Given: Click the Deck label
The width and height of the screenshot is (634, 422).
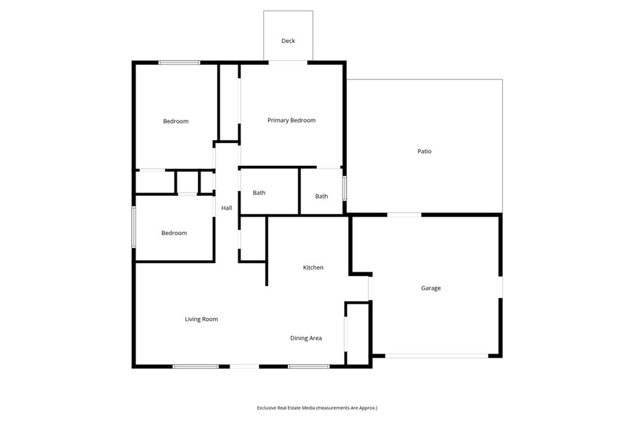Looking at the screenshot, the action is [x=288, y=41].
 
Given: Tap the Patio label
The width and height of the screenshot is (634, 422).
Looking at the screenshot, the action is [x=424, y=151].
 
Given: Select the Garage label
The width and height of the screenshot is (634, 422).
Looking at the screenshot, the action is [x=431, y=288].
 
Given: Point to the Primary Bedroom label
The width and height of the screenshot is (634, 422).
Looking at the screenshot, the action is [x=291, y=121].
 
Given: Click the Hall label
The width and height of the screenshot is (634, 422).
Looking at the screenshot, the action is [x=227, y=208].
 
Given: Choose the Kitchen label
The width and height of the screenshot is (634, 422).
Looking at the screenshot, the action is [x=313, y=267].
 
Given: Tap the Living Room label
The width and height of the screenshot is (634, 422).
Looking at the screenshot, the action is [x=201, y=319].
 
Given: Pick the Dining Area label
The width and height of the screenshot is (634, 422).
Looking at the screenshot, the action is [x=306, y=338].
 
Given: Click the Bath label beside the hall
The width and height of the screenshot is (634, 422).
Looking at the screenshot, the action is [x=259, y=193].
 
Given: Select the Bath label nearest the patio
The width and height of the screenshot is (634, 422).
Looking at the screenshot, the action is [x=321, y=196].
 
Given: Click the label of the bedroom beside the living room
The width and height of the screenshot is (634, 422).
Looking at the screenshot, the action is [x=174, y=233].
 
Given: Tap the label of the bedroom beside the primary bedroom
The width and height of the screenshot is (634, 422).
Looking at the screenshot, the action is [x=175, y=121].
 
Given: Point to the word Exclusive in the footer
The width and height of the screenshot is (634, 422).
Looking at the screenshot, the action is [x=266, y=408].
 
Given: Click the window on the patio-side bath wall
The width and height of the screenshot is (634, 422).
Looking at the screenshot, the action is [x=344, y=188].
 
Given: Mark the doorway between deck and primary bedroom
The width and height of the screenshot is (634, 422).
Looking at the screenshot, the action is [x=288, y=62].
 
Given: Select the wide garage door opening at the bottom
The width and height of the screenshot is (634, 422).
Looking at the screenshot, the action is [x=436, y=356].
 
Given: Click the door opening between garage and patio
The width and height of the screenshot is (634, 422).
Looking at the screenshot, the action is [x=404, y=215].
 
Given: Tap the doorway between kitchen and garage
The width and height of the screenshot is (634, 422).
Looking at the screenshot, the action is [x=370, y=288].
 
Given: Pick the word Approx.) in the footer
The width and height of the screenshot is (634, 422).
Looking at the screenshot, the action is [x=369, y=408].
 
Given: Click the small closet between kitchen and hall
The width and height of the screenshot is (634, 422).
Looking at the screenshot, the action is [x=253, y=239].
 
